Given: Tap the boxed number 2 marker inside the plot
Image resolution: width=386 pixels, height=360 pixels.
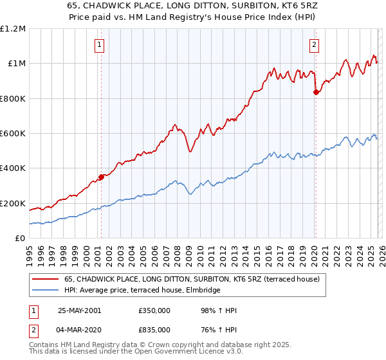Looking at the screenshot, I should [315, 45].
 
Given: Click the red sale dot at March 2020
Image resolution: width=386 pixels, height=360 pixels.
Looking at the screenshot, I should [316, 93].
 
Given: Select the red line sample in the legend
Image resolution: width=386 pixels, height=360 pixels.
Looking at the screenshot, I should [46, 278].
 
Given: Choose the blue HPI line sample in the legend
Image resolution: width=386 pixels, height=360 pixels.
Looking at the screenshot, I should [46, 290].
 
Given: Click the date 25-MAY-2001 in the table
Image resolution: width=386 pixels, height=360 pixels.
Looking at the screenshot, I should [79, 310].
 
